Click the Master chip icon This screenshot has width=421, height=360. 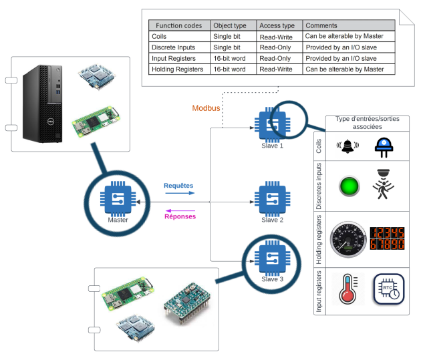[118, 198]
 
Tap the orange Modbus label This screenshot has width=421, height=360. [206, 108]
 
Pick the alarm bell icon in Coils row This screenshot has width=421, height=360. [347, 146]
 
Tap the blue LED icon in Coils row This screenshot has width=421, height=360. [384, 146]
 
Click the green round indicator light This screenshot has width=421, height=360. [349, 186]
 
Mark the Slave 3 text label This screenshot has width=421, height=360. [273, 279]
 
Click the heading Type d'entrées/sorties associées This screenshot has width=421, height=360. [367, 122]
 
